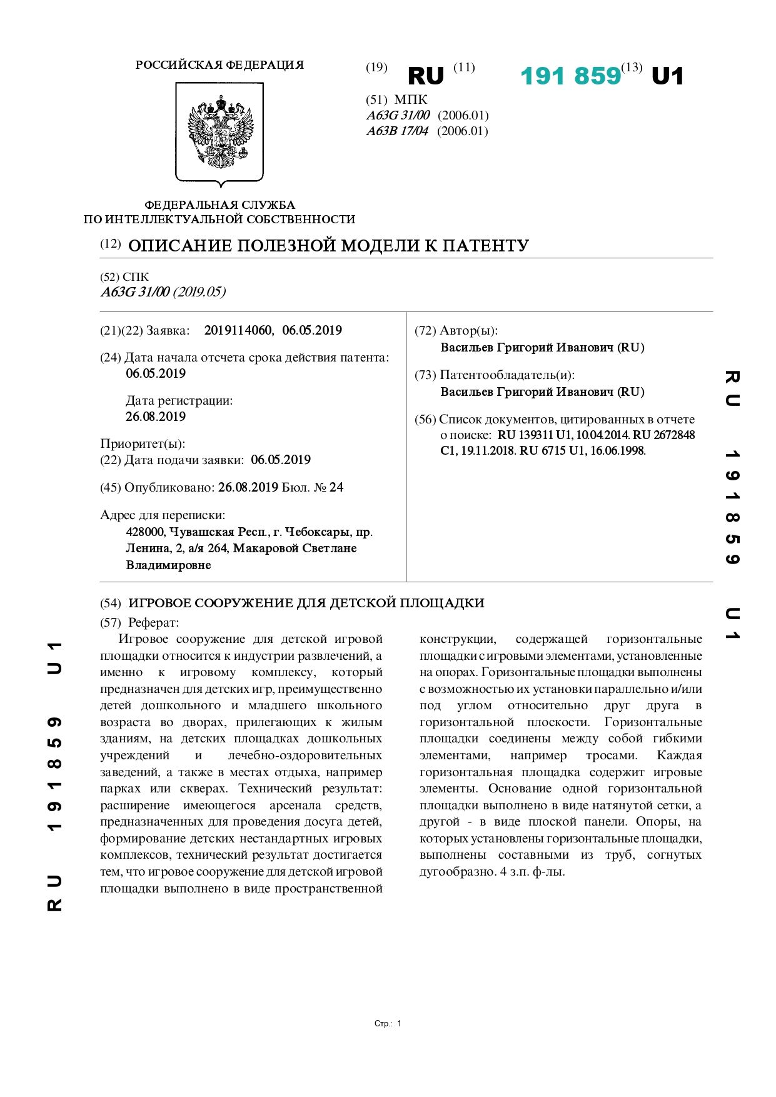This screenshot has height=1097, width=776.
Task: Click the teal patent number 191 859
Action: coord(570,76)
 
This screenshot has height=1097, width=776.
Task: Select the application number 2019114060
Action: coord(238,330)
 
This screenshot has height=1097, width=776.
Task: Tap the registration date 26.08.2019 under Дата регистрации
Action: coord(156,417)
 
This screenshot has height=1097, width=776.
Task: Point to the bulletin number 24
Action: coord(336,487)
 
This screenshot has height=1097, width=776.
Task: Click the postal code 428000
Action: coord(145,532)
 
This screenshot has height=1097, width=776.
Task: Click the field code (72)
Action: coord(425,331)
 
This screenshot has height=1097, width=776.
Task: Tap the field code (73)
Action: coord(425,375)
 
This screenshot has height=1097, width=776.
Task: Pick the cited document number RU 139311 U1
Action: coord(535,435)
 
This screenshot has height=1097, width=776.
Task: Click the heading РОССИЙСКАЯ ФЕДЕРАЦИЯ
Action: coord(219,65)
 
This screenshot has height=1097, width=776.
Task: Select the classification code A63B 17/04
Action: coord(397,131)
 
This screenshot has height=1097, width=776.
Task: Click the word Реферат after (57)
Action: coord(153,622)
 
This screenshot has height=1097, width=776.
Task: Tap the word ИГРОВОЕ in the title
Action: coord(159,603)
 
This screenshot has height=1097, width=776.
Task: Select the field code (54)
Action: coord(111,603)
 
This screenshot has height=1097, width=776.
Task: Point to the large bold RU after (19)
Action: coord(425,76)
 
